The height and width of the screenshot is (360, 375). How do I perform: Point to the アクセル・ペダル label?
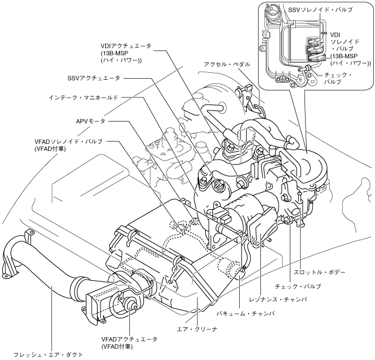[x=227, y=63]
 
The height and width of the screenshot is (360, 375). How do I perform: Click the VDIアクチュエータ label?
[x=125, y=46]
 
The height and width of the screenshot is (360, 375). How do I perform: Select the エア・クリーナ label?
[x=201, y=329]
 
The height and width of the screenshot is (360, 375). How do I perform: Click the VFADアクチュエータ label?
[x=130, y=339]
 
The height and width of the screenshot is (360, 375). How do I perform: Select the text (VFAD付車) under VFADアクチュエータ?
[x=117, y=347]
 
